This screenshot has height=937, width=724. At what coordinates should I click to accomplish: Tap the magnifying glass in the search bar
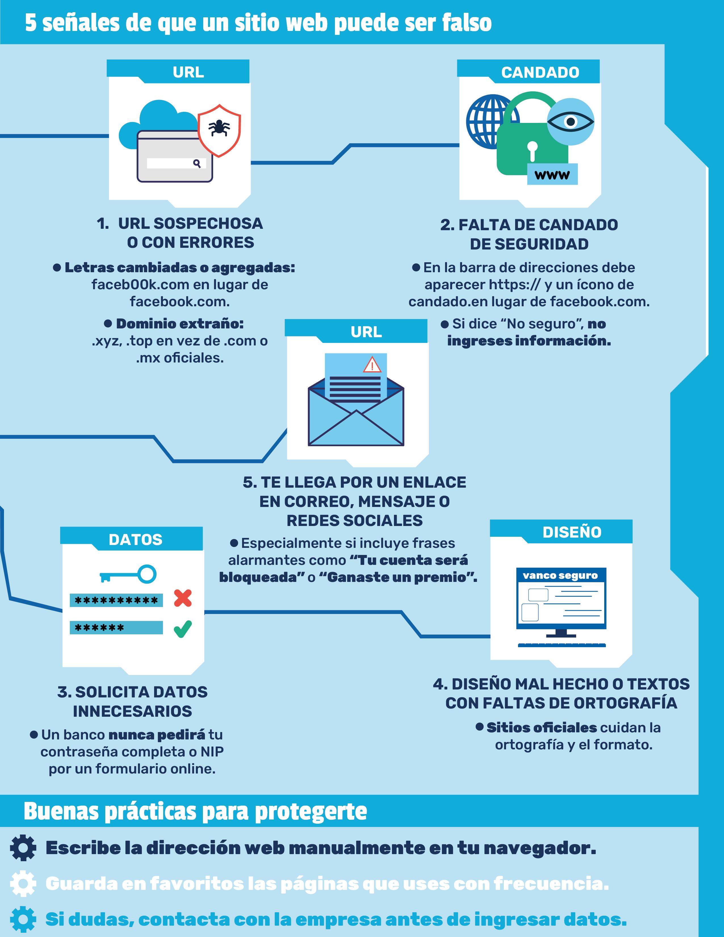coord(197,163)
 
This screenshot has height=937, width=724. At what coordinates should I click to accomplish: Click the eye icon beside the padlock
coord(570,122)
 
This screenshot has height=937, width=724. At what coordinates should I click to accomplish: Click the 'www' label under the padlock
coord(552,175)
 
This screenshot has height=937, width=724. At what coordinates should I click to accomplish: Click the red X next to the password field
coord(183,598)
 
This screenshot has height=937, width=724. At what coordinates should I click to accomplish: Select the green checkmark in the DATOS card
coord(183,629)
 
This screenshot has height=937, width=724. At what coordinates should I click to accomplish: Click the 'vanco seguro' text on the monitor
coord(560,575)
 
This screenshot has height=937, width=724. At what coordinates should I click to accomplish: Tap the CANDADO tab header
coord(540,72)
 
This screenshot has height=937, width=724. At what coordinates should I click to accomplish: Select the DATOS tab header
coord(136,540)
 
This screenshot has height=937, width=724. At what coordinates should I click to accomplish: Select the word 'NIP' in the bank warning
coord(212,752)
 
